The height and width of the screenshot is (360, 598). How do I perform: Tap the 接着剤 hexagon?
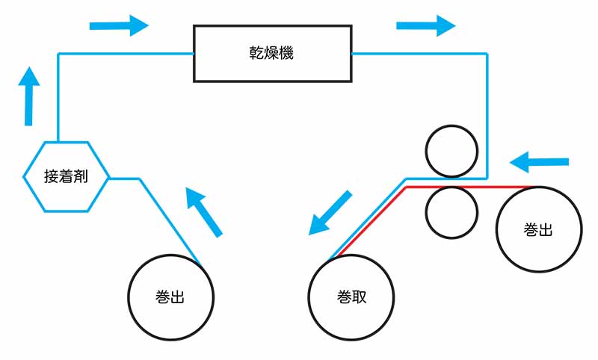tap(67, 176)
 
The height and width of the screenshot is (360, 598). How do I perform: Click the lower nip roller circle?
tap(451, 212)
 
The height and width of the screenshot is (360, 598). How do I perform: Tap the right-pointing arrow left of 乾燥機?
tap(119, 25)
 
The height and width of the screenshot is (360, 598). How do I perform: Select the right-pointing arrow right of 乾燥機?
tap(425, 25)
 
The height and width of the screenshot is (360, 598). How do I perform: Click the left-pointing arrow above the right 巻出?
tap(539, 161)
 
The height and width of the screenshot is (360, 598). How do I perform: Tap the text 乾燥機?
tap(272, 54)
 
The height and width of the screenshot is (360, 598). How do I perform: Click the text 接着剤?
tap(67, 177)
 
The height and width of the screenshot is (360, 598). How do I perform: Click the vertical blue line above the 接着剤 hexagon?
tap(58, 97)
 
